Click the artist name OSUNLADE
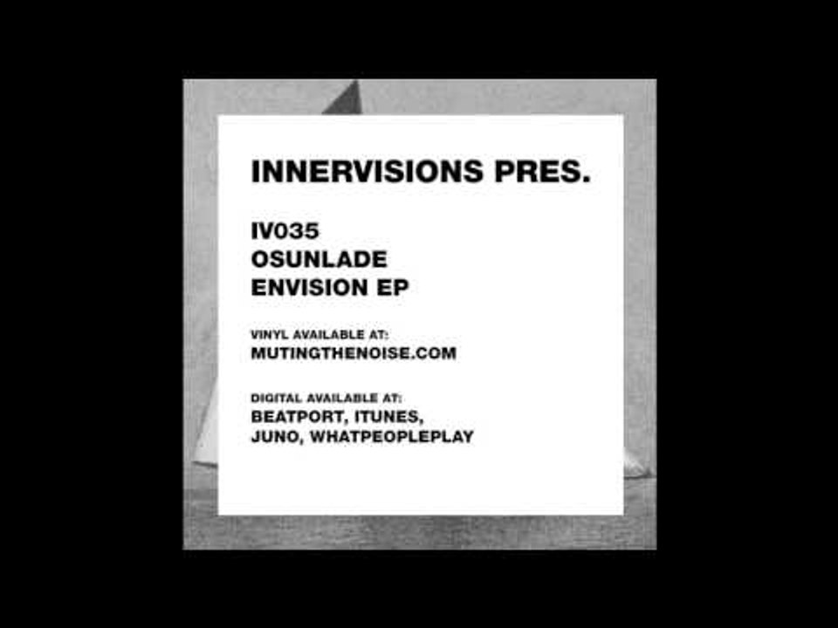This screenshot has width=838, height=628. pos(319,260)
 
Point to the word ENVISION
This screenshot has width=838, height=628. pos(311,289)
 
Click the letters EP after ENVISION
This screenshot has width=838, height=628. pos(394,289)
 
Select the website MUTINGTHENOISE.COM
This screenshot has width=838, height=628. pos(354,353)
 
